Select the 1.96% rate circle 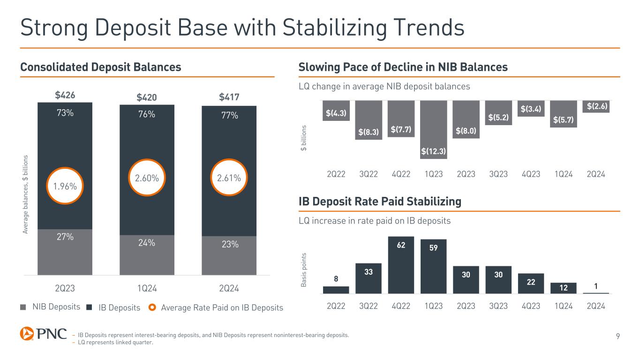(x=65, y=186)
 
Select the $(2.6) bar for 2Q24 (x=595, y=106)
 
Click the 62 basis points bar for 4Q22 (x=401, y=265)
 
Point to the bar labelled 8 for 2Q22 (x=336, y=290)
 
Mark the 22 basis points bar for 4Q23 (x=530, y=283)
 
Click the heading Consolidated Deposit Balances (x=101, y=67)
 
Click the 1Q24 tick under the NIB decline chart (x=563, y=174)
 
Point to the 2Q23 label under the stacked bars (x=65, y=288)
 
